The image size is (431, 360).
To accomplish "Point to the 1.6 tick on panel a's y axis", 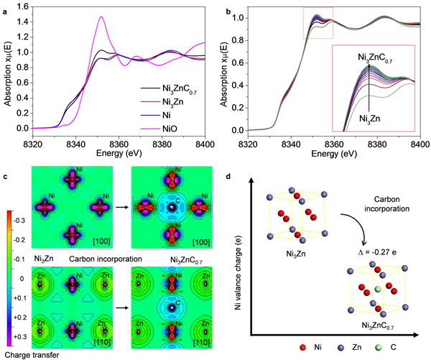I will [x=23, y=6].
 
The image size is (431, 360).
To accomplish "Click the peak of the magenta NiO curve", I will [x=101, y=17].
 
